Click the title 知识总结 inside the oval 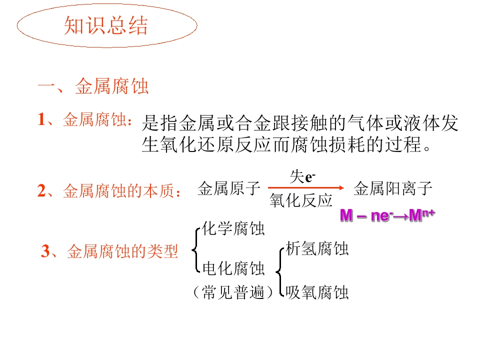[x=105, y=25]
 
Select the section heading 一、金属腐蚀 [x=93, y=86]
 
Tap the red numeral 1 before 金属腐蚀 [x=41, y=119]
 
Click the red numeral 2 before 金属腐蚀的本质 [x=41, y=190]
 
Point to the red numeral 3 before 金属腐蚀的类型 [x=45, y=251]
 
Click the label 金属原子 [x=229, y=188]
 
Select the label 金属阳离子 [x=393, y=188]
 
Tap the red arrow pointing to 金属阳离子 [x=306, y=187]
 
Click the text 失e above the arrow [x=302, y=177]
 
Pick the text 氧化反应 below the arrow [x=301, y=200]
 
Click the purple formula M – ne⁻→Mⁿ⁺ [x=387, y=215]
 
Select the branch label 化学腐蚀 [x=233, y=228]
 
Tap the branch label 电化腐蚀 [x=233, y=268]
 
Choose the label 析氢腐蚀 [x=317, y=248]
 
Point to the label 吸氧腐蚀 [x=317, y=292]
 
